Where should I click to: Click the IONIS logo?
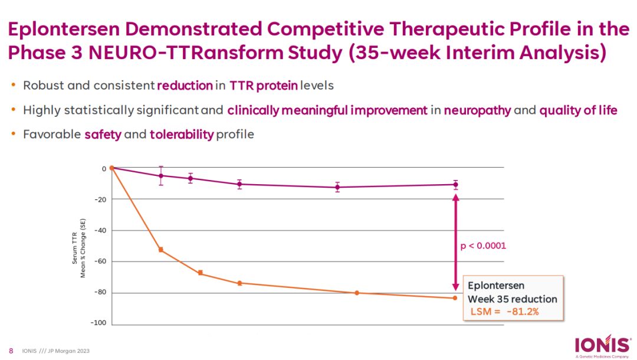click(597, 345)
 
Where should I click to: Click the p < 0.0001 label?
click(482, 245)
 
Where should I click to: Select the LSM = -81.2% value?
click(504, 312)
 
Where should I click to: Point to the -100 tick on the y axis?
click(98, 323)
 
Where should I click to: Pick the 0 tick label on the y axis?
click(103, 169)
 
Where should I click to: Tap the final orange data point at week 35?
click(455, 297)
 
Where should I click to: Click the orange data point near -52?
click(160, 250)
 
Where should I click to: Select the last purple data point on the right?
click(455, 184)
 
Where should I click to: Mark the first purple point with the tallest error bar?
click(160, 175)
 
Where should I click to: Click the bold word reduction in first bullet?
click(185, 86)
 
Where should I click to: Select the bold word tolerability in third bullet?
click(182, 135)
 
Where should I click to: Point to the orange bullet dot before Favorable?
click(14, 134)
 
